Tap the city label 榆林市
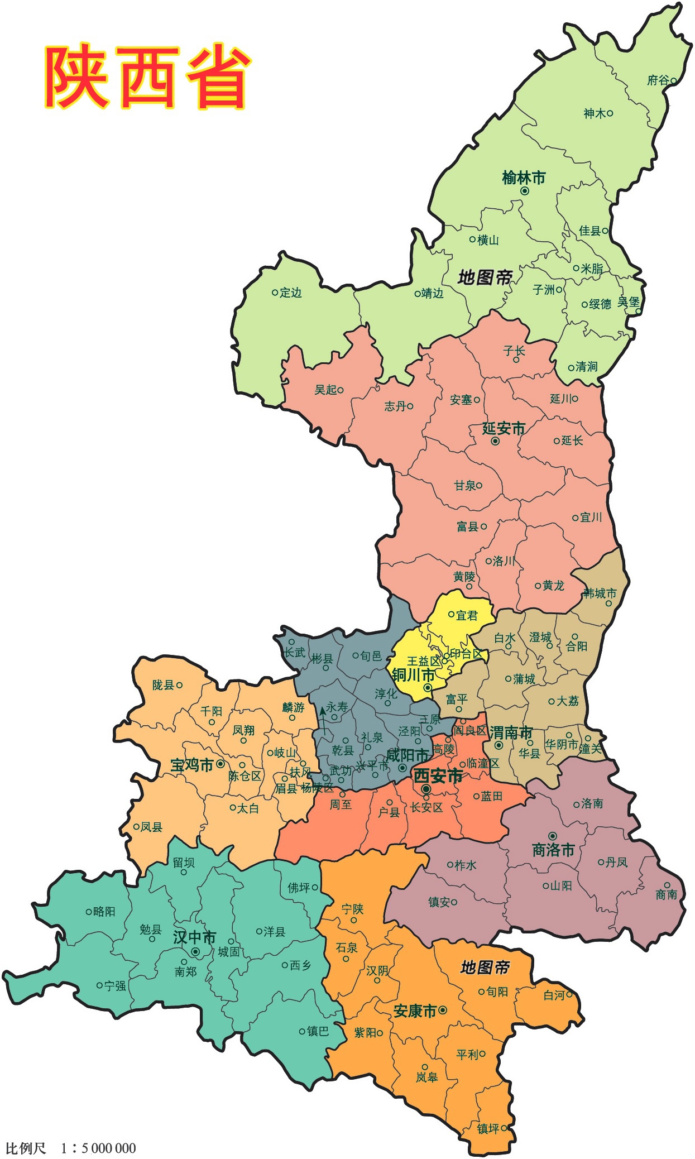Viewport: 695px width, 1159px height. (523, 178)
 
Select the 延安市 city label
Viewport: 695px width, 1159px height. (504, 428)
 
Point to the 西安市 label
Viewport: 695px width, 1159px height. (438, 775)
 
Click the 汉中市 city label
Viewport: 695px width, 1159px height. (194, 937)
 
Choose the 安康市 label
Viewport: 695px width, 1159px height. (415, 1011)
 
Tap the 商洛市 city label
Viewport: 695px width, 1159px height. (553, 850)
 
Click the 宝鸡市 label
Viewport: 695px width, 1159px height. (191, 765)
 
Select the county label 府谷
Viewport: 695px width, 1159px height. (658, 80)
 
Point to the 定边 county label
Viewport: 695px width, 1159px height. (290, 293)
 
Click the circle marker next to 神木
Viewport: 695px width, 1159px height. (610, 113)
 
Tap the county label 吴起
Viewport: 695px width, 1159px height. (325, 390)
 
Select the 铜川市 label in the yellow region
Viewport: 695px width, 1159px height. (413, 675)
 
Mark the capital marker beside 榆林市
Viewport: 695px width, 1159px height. (525, 191)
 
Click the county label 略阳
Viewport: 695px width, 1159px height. (104, 912)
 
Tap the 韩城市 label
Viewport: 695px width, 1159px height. (600, 593)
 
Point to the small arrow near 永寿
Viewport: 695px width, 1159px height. (323, 721)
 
